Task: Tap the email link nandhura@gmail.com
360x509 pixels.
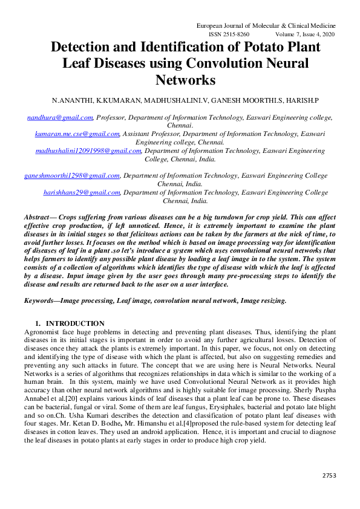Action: (x=60, y=117)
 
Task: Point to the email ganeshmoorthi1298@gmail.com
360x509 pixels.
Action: (x=72, y=175)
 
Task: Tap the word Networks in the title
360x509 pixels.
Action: (x=185, y=80)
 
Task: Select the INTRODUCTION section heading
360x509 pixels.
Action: (x=75, y=323)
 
